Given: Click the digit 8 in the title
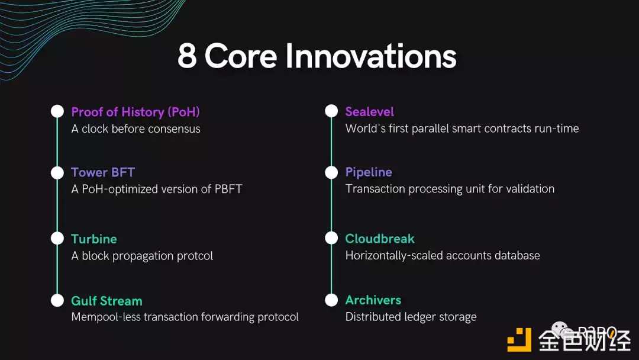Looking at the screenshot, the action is click(x=188, y=56).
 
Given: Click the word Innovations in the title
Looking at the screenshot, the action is click(x=371, y=56).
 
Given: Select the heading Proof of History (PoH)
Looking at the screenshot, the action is click(x=135, y=112).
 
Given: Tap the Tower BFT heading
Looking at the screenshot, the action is click(x=103, y=172).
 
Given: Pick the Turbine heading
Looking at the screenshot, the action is click(x=93, y=239).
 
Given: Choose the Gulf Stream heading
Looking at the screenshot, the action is click(x=106, y=301).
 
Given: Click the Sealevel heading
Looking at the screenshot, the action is click(x=370, y=112).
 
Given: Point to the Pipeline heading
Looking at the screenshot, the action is click(x=369, y=172).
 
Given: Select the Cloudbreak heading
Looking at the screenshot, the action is click(x=380, y=239).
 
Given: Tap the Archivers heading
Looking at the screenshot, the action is click(x=373, y=300).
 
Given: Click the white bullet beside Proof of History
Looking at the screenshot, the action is click(x=57, y=111).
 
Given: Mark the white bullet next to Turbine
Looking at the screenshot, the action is click(x=57, y=239).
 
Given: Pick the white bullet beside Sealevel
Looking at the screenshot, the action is click(x=331, y=111).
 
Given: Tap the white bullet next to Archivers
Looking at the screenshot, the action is click(x=331, y=300).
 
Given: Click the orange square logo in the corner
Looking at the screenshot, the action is click(x=519, y=340).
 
